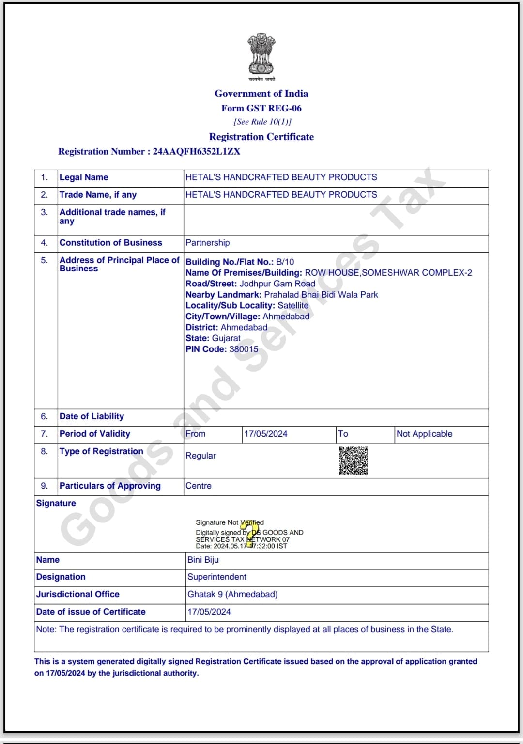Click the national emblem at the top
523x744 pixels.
[261, 54]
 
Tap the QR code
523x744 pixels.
[354, 461]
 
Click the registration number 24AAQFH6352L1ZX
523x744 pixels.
[197, 151]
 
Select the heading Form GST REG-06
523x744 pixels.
[261, 108]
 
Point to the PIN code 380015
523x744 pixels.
[244, 349]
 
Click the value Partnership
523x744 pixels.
[208, 243]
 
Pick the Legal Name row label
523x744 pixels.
[84, 177]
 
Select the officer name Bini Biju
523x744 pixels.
[203, 560]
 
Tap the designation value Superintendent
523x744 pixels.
[217, 577]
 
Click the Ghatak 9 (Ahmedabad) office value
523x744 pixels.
[232, 594]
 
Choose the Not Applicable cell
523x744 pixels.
[424, 434]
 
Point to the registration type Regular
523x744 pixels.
[200, 456]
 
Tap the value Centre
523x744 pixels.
[199, 486]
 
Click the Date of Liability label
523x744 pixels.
[92, 416]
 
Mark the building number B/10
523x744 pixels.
[285, 262]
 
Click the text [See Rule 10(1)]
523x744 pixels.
[262, 122]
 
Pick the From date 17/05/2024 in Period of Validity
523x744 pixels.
[265, 434]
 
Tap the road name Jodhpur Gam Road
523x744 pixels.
[277, 284]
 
